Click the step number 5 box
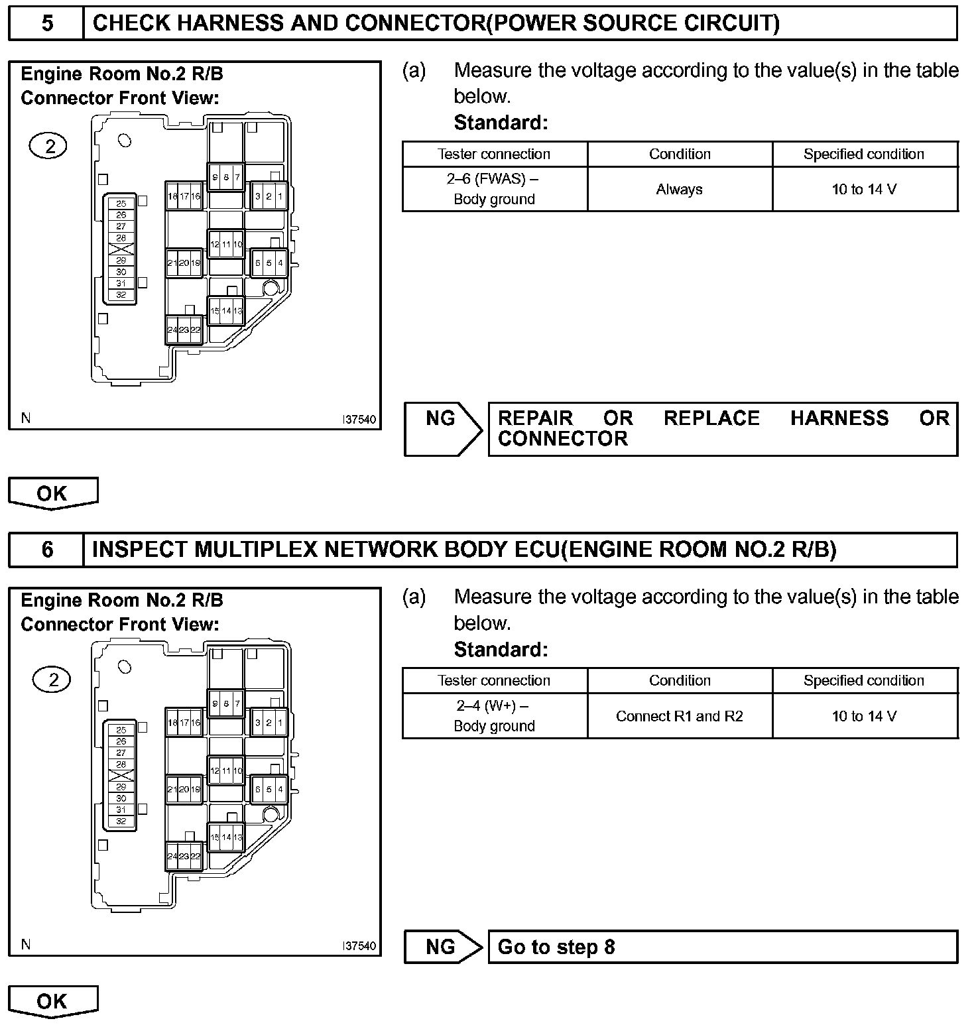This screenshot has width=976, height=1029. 46,24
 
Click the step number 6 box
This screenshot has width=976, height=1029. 46,550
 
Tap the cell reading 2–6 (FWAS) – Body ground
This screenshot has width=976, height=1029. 495,189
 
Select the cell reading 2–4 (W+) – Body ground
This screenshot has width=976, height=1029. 495,716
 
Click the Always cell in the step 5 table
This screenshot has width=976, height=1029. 680,190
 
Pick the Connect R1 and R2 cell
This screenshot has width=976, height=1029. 680,716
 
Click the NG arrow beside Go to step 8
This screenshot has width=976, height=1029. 442,947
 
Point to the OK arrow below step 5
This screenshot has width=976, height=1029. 52,493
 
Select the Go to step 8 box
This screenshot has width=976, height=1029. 723,947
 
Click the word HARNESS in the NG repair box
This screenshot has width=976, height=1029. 839,418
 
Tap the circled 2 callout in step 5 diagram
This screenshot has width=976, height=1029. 49,146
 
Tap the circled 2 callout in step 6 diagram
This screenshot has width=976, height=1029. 53,680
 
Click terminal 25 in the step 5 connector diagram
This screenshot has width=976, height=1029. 121,204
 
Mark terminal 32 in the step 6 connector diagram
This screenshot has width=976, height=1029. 121,821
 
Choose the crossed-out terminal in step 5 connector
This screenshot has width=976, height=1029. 121,249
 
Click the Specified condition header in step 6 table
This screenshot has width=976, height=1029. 864,680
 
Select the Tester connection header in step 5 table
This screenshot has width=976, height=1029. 495,154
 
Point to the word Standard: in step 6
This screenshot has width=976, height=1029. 501,650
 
